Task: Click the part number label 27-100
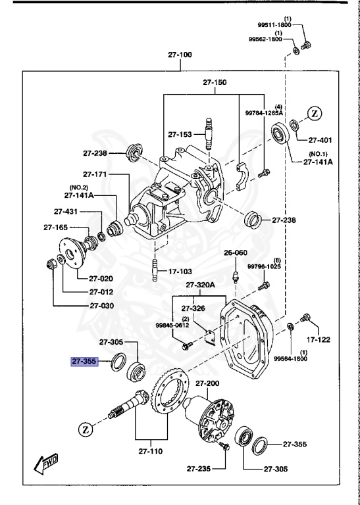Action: coord(179,55)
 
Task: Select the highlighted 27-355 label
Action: coord(84,360)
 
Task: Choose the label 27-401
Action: coord(321,140)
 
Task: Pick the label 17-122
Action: coord(319,340)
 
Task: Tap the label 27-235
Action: coord(198,468)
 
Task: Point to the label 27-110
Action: coord(151,452)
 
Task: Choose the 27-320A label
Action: coord(200,285)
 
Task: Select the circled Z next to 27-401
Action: coord(315,113)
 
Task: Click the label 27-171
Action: coord(95,174)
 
